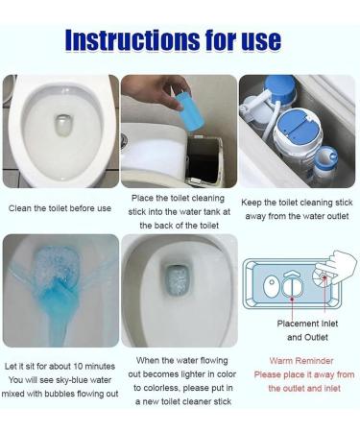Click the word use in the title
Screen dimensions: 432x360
tap(259, 39)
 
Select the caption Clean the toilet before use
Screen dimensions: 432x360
tap(60, 208)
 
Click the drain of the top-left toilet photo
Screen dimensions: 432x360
tap(60, 127)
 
